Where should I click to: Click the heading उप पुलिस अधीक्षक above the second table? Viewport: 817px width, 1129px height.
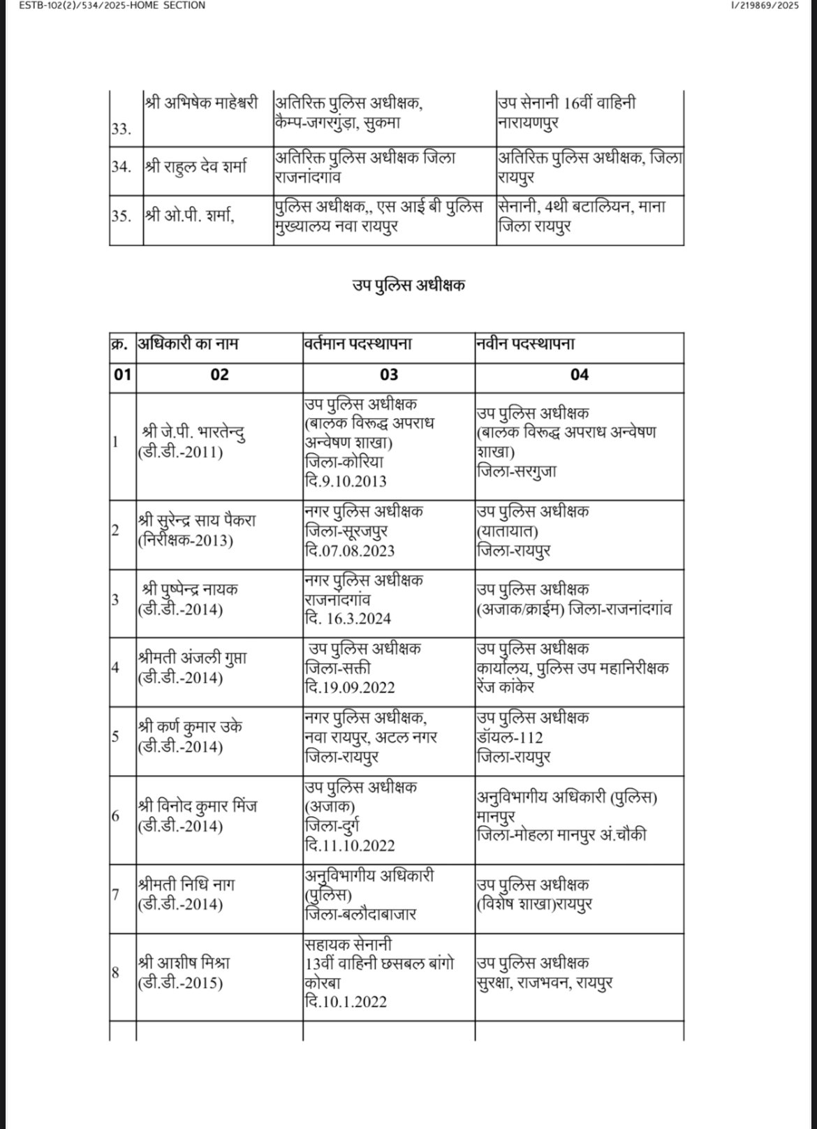[408, 285]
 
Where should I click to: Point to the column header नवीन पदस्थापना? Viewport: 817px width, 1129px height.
[526, 344]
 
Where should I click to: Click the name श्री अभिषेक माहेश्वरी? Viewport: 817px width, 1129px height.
[201, 103]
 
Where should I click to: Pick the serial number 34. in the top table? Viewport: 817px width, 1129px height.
[121, 168]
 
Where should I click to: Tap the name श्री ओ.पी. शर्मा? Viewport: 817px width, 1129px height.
[190, 216]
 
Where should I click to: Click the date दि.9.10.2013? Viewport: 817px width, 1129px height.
[345, 481]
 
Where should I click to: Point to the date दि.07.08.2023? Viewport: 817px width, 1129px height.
[349, 550]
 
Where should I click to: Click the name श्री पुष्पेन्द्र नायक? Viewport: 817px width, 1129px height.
[189, 589]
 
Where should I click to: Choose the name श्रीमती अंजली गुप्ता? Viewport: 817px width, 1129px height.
[192, 658]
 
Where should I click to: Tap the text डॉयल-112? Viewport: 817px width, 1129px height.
[510, 737]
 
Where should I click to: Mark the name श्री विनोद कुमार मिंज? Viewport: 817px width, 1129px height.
[198, 806]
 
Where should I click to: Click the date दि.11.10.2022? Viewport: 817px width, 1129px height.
[349, 846]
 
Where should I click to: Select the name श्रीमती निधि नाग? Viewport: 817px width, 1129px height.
[186, 885]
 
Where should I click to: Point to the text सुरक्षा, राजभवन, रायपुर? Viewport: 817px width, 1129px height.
[545, 982]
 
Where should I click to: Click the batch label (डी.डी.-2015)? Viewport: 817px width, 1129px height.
[181, 982]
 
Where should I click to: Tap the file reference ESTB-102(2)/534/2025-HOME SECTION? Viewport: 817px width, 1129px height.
[103, 6]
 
